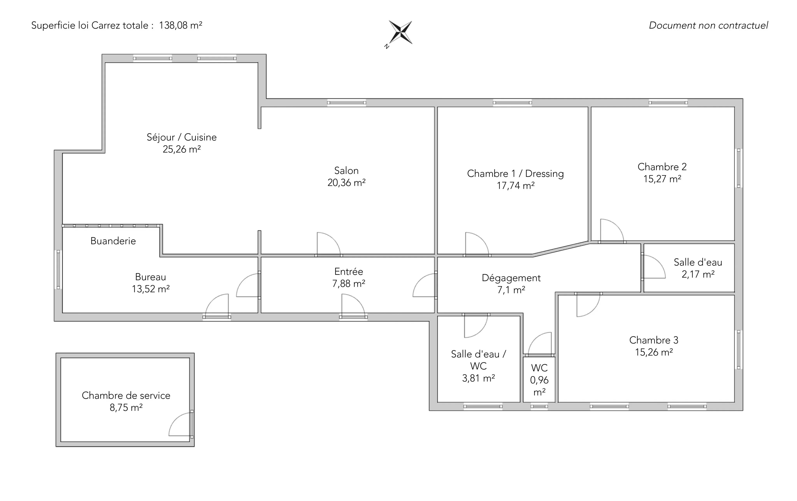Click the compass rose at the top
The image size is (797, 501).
click(x=400, y=33)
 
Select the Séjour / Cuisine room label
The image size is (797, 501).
click(x=182, y=137)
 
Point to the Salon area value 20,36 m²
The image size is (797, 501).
click(x=347, y=183)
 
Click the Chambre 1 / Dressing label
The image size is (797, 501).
click(x=515, y=174)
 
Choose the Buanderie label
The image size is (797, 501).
click(x=113, y=241)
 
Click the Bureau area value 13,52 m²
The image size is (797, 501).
click(x=151, y=289)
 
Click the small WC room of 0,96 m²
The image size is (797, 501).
click(x=539, y=380)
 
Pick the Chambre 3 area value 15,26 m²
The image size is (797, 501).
click(x=654, y=352)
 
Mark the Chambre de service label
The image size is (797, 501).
click(x=126, y=396)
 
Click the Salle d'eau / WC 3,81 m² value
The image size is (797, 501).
click(x=479, y=378)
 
